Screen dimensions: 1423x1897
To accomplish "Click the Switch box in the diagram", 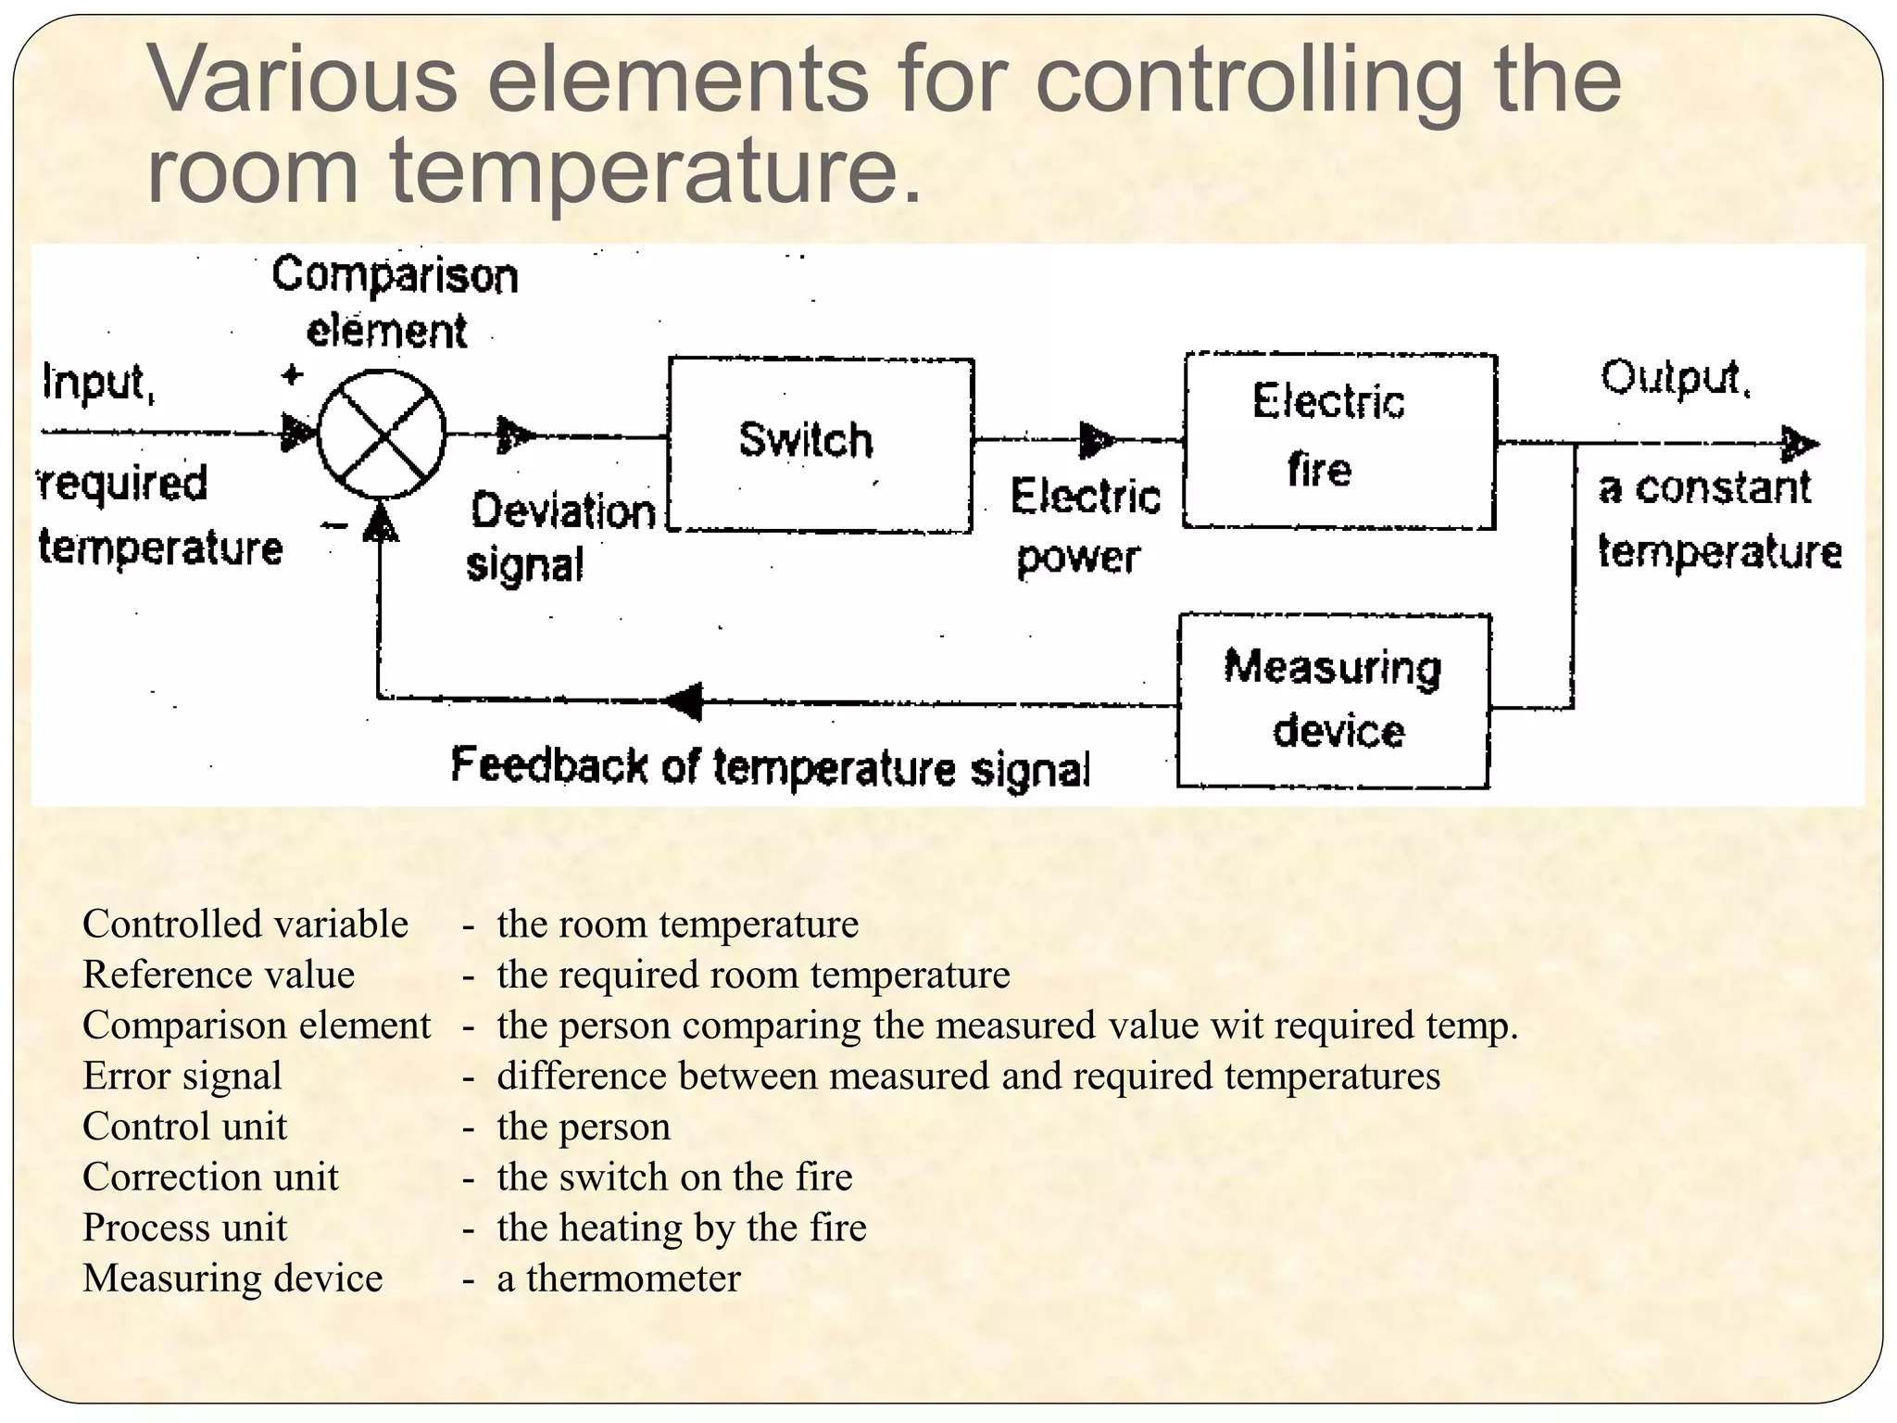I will pyautogui.click(x=821, y=445).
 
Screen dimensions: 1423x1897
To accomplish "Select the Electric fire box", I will pyautogui.click(x=1339, y=441).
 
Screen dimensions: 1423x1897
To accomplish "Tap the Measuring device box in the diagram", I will pyautogui.click(x=1334, y=701).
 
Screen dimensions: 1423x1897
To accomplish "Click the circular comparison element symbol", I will pyautogui.click(x=382, y=434).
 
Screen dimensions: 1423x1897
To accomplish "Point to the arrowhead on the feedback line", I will pyautogui.click(x=685, y=701).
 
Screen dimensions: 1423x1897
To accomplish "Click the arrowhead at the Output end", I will pyautogui.click(x=1801, y=445).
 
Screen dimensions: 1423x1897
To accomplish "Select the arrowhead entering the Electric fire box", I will pyautogui.click(x=1097, y=441).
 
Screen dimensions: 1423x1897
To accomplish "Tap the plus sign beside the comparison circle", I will pyautogui.click(x=292, y=375).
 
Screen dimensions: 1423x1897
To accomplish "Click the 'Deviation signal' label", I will pyautogui.click(x=560, y=537).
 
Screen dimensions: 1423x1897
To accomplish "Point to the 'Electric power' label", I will pyautogui.click(x=1084, y=526).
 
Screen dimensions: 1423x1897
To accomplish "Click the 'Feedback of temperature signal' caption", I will pyautogui.click(x=771, y=767).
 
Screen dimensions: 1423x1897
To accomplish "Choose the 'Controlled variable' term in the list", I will pyautogui.click(x=245, y=925).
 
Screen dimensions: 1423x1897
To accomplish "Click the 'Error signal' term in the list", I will pyautogui.click(x=182, y=1077).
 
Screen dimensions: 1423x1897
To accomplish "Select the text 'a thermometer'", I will pyautogui.click(x=619, y=1278).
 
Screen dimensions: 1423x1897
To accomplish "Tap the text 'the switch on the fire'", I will pyautogui.click(x=674, y=1177).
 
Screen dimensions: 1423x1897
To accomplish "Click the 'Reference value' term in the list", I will pyautogui.click(x=219, y=975).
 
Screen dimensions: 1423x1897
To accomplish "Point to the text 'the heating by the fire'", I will pyautogui.click(x=682, y=1228).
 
